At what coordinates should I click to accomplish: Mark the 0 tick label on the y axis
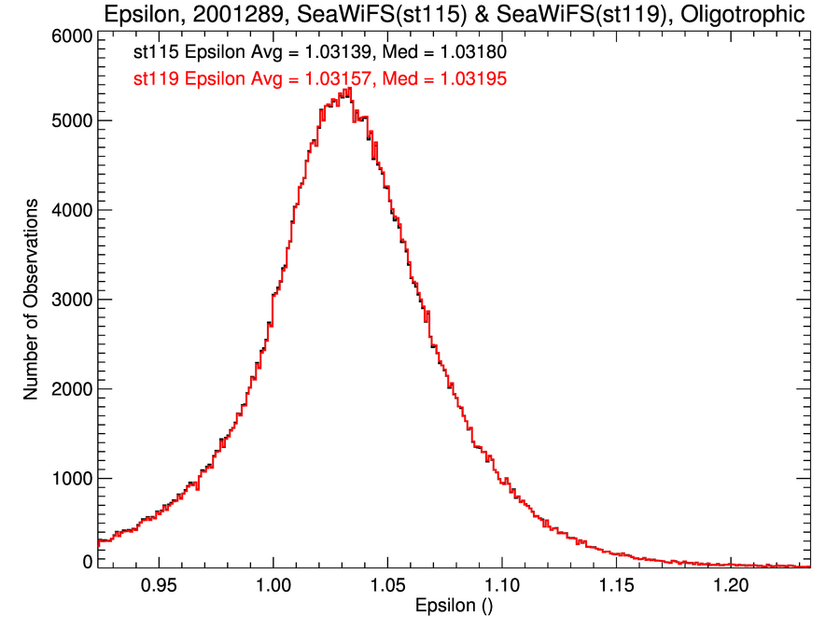[x=87, y=562]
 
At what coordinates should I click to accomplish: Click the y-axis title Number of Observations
[x=32, y=300]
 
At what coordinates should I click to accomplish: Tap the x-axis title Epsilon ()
[x=454, y=607]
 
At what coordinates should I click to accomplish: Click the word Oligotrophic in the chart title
[x=732, y=15]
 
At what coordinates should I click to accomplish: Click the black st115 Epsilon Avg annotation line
[x=320, y=53]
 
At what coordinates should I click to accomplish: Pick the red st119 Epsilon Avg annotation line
[x=320, y=80]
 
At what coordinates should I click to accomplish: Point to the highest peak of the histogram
[x=346, y=90]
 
